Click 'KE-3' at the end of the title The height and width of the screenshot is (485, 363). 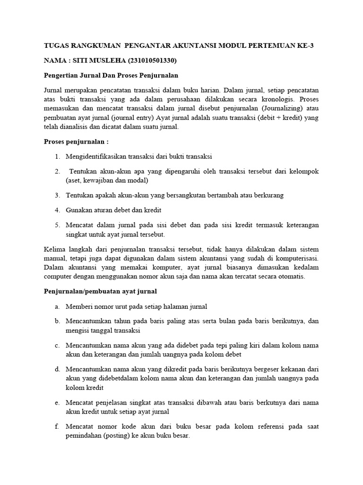click(303, 45)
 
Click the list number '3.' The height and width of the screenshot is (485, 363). click(57, 195)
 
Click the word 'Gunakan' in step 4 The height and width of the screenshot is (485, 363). click(78, 209)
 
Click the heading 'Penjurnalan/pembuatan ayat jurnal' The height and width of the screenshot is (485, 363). click(100, 291)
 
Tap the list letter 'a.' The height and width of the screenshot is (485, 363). click(57, 306)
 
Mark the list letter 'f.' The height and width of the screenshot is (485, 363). click(57, 427)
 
